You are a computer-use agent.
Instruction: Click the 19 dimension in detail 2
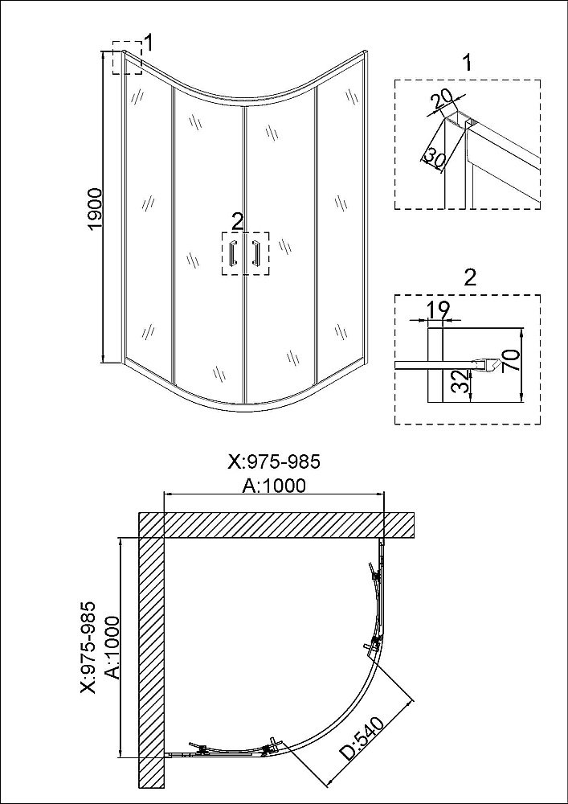tap(439, 310)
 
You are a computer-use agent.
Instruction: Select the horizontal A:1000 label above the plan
tap(273, 485)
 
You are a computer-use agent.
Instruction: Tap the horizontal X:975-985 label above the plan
tap(273, 461)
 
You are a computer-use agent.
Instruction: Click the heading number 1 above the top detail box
tap(467, 64)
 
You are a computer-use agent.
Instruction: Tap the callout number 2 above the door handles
tap(237, 222)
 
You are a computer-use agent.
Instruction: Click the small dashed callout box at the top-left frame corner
tap(127, 57)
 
